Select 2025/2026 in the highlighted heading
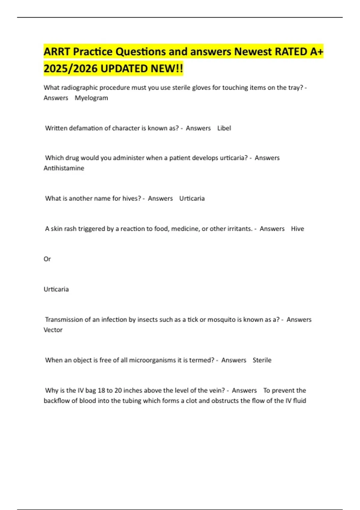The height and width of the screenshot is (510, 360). pyautogui.click(x=70, y=69)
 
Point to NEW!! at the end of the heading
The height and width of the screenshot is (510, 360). pyautogui.click(x=167, y=69)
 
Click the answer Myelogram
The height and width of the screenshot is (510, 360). pyautogui.click(x=91, y=98)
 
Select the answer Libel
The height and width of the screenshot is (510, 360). pyautogui.click(x=224, y=128)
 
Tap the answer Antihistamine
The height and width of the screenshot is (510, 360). pyautogui.click(x=64, y=168)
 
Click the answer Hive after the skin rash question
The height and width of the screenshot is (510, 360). pyautogui.click(x=297, y=229)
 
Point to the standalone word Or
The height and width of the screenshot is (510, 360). pyautogui.click(x=47, y=259)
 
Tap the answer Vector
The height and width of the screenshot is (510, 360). pyautogui.click(x=53, y=330)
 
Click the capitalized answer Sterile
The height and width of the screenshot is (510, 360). pyautogui.click(x=262, y=360)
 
